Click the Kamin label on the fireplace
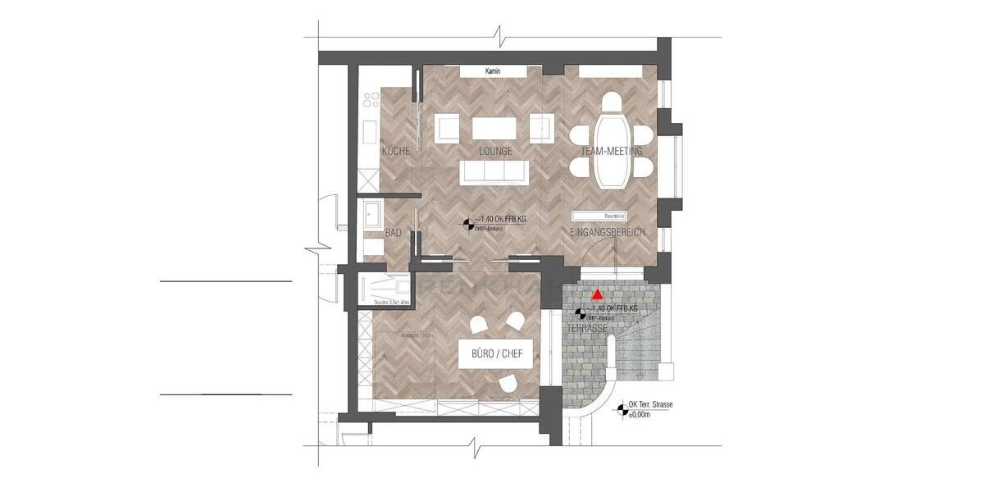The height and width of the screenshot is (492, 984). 493,72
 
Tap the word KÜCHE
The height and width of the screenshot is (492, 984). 396,151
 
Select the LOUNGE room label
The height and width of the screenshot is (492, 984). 495,151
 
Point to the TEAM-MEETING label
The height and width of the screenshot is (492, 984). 611,151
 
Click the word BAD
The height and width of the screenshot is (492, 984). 394,233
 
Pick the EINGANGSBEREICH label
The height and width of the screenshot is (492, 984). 608,233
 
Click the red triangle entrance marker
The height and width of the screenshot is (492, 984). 599,293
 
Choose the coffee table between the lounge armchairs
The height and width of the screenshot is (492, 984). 494,129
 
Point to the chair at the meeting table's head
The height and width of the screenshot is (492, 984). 611,102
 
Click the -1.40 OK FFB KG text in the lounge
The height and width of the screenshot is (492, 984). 502,219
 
